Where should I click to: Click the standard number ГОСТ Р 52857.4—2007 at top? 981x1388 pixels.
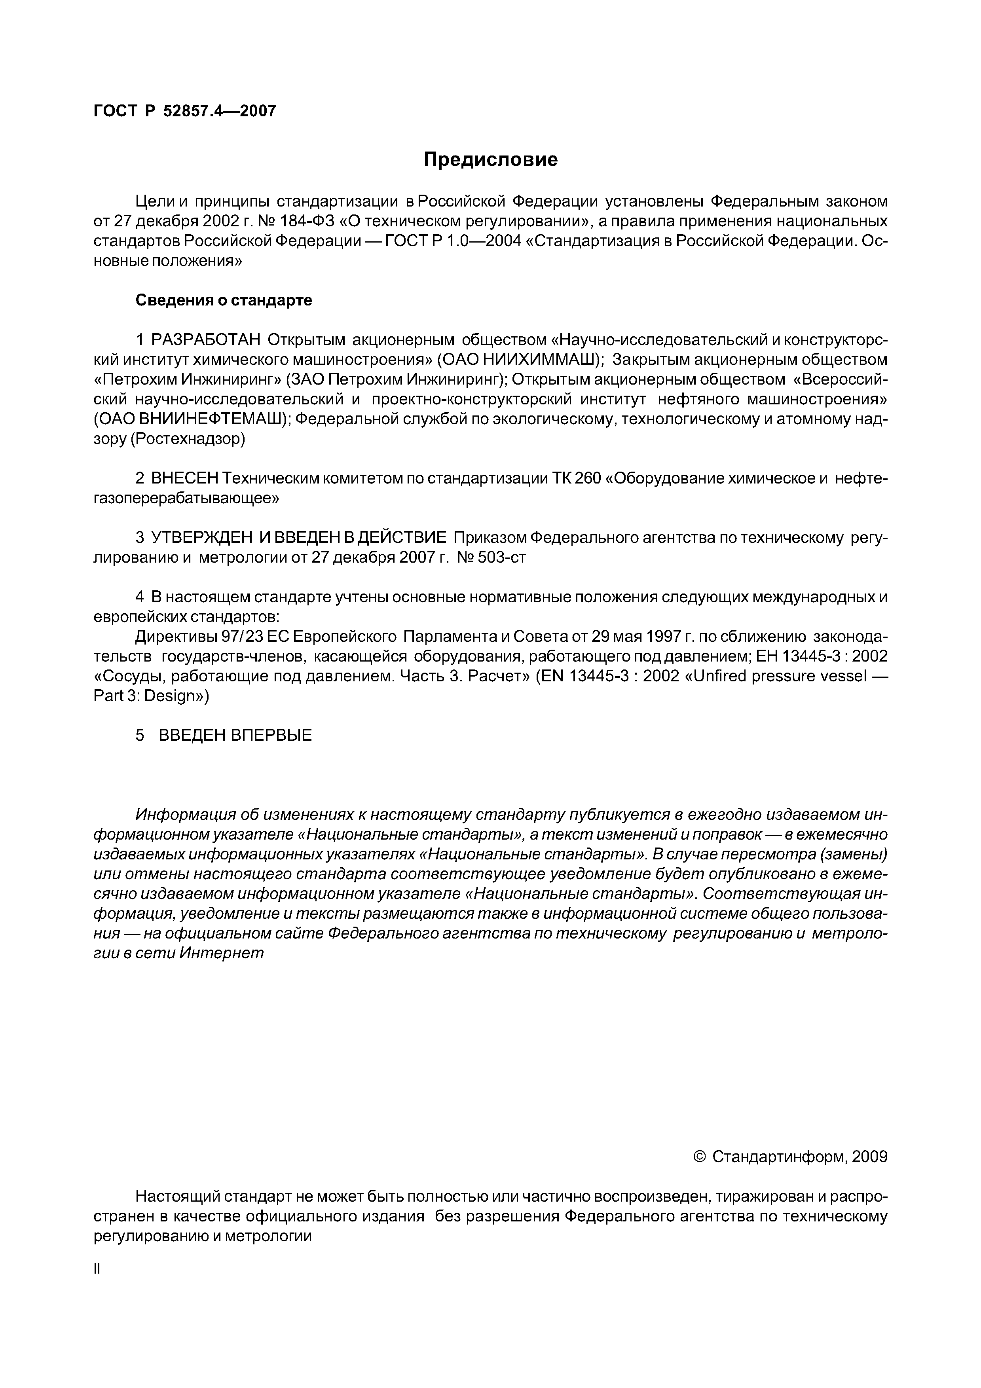tap(185, 111)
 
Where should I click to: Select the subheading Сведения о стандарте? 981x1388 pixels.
tap(223, 300)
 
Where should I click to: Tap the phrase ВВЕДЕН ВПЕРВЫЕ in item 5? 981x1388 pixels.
tap(235, 735)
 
